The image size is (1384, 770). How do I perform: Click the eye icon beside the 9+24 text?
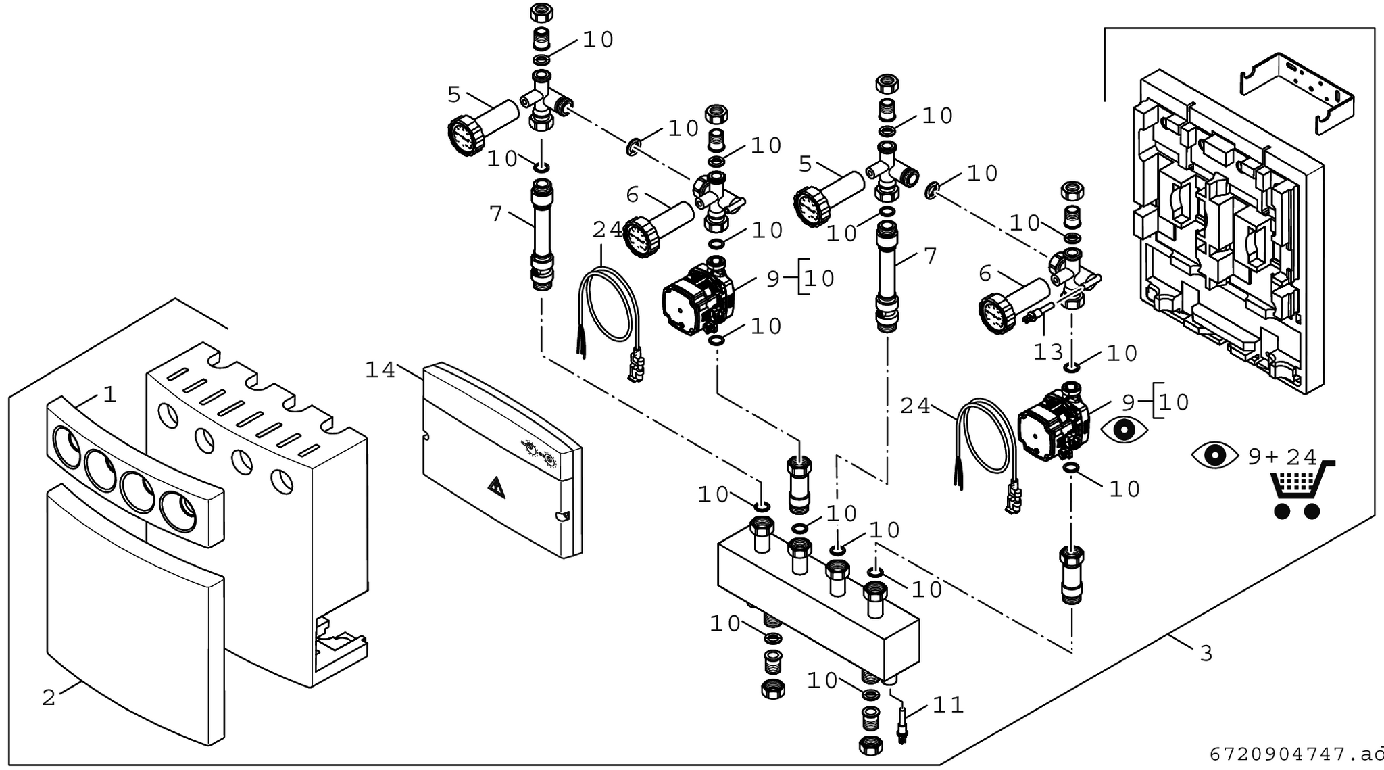point(1214,455)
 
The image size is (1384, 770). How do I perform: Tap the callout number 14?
point(380,370)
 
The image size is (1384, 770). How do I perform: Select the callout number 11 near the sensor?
point(947,706)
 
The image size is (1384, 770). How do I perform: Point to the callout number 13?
point(1048,352)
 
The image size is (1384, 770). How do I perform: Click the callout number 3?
point(1206,654)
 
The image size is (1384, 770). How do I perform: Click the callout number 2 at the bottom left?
point(49,698)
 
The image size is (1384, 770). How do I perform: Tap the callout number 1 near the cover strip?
point(109,394)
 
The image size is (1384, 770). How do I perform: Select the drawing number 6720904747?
point(1287,754)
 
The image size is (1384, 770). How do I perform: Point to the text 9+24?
point(1282,458)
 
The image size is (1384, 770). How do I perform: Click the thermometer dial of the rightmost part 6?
point(996,312)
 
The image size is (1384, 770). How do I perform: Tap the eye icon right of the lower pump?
point(1124,430)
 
